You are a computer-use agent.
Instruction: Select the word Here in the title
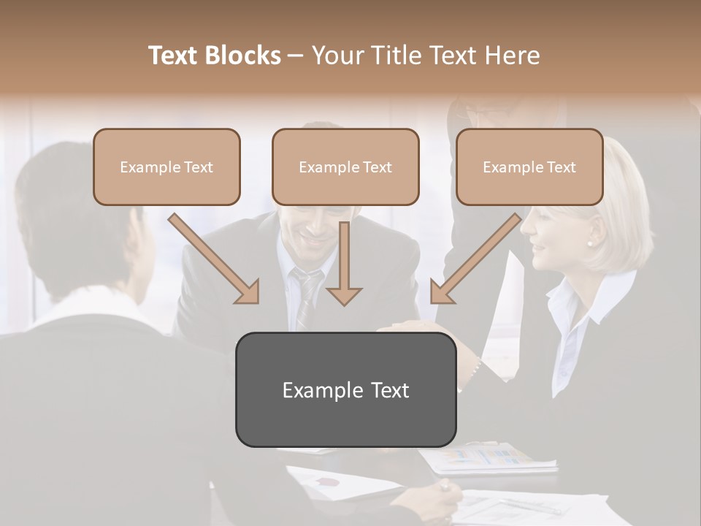510,56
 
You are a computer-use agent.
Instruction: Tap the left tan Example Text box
166,167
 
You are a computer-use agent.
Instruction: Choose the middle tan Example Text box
345,167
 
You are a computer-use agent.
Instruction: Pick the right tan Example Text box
529,167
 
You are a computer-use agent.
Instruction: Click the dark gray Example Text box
345,389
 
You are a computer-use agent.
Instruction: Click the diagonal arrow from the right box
475,259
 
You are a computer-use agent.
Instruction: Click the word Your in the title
339,56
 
